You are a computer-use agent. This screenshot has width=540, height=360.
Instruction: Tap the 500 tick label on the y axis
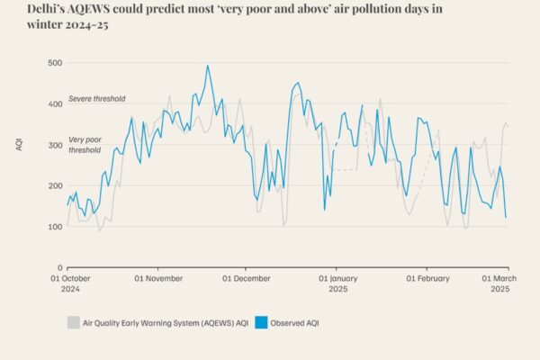[55, 62]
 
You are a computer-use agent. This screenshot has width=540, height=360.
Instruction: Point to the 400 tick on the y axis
[55, 103]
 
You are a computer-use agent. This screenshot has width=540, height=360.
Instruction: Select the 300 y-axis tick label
[55, 144]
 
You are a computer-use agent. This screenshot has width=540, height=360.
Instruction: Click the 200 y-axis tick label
[55, 185]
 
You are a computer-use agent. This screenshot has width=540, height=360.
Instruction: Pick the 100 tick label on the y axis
[55, 226]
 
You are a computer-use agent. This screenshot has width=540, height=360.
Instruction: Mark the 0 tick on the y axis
[59, 267]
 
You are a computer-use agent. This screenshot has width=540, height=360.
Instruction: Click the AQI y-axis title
[20, 145]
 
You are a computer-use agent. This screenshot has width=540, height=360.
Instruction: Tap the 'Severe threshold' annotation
[96, 98]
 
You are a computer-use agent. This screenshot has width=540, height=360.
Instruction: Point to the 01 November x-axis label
[157, 279]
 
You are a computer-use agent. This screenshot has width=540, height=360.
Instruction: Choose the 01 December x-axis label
[247, 279]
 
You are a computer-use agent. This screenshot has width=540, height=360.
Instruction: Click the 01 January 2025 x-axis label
[337, 284]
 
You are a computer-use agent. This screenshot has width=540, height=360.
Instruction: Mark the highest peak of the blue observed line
[207, 66]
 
